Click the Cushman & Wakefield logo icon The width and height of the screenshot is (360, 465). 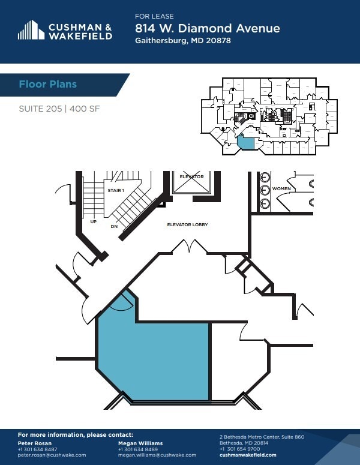coord(31,30)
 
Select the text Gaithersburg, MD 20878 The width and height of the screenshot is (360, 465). coord(182,41)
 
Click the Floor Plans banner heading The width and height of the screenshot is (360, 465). coord(47,84)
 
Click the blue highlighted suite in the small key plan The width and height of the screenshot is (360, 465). coord(245,142)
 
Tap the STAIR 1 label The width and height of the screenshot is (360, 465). coord(115,190)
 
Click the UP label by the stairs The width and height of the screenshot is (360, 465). coord(93,221)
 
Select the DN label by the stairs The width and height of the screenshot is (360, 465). coord(114,226)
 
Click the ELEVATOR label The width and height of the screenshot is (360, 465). coord(192,176)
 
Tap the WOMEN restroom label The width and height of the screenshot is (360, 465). coord(281,188)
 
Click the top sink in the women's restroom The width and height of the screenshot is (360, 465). coord(265,177)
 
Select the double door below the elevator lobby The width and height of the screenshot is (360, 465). coord(190,246)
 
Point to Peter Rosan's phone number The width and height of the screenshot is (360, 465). coord(38,449)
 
